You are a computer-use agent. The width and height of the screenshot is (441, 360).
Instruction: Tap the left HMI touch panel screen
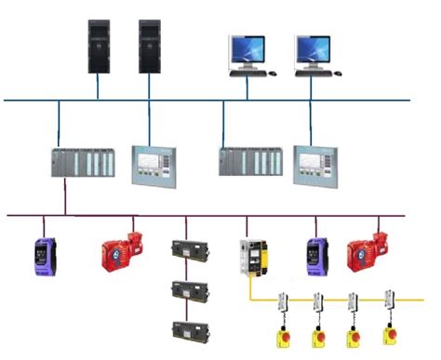pos(151,164)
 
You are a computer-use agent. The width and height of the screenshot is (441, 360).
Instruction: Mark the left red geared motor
pos(121,250)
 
